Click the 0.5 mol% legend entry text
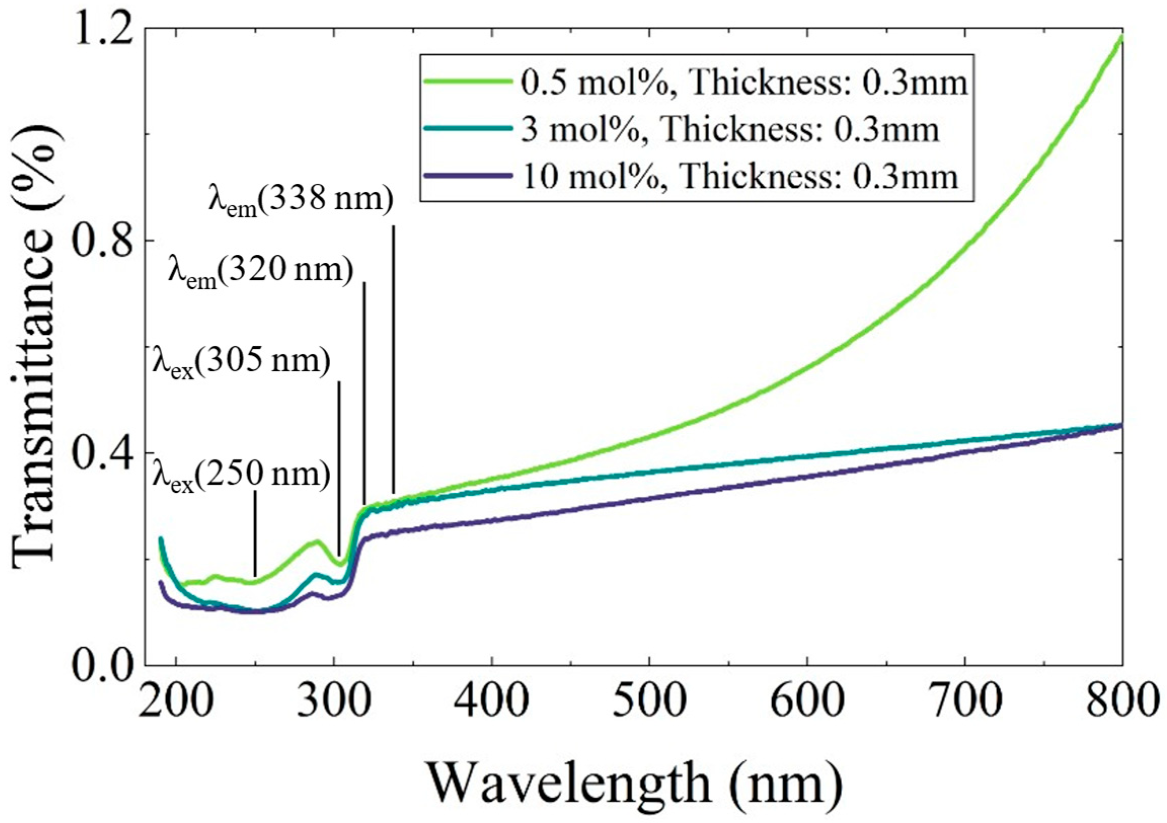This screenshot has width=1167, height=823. [744, 83]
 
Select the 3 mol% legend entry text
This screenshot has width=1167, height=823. [729, 130]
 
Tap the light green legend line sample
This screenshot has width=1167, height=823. [468, 82]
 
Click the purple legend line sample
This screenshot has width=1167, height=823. [468, 175]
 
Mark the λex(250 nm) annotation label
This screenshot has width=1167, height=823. [242, 477]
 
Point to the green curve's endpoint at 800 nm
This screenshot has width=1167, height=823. [1121, 37]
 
